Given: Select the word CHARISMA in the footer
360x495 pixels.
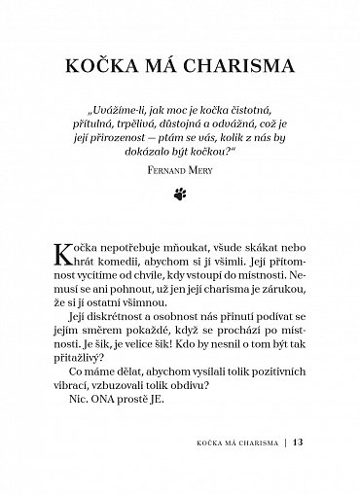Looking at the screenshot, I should (257, 474).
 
